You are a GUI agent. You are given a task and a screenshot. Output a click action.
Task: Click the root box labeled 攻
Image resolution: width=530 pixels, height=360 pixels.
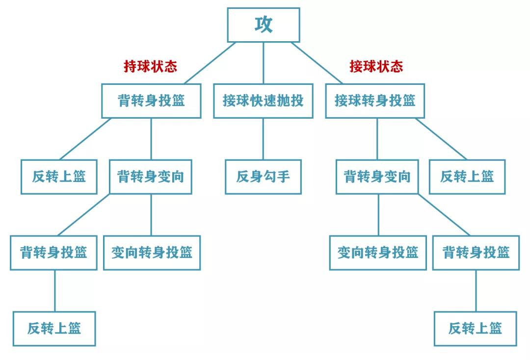tap(263, 25)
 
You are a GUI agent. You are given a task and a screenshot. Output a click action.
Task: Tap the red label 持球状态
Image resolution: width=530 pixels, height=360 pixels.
tap(150, 66)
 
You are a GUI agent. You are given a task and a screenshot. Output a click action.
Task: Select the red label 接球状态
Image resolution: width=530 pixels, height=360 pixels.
tap(376, 66)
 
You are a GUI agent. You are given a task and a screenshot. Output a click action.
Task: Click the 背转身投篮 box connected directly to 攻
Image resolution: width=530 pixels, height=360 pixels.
tap(151, 101)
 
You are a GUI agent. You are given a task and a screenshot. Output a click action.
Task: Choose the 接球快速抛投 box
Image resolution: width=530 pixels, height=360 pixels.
tap(263, 101)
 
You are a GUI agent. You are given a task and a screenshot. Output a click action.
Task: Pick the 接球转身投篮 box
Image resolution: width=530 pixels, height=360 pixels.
tap(375, 101)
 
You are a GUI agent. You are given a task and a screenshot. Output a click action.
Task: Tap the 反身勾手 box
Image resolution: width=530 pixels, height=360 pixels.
tap(263, 177)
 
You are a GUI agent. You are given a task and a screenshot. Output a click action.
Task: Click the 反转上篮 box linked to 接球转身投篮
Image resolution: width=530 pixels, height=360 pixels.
tap(467, 177)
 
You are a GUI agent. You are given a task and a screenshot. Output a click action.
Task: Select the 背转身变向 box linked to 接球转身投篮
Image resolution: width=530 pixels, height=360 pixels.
tap(377, 177)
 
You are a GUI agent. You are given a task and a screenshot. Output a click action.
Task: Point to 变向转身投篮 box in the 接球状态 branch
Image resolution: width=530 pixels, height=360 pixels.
tap(377, 253)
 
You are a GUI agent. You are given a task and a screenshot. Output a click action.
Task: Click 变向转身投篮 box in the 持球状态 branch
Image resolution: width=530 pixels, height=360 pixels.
tap(152, 253)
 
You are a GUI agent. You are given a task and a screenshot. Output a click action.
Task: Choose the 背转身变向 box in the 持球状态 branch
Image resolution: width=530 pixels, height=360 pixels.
tap(150, 177)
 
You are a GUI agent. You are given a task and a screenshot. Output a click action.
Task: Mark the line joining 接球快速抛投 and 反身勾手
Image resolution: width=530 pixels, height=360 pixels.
tap(263, 139)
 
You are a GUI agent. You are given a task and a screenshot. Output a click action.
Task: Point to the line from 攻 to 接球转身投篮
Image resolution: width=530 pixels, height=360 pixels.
tap(317, 63)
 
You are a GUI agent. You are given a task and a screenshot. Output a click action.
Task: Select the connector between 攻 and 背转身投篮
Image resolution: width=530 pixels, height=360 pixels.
tap(210, 63)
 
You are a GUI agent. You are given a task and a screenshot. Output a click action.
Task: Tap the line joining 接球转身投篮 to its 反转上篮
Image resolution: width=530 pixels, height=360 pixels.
tap(441, 139)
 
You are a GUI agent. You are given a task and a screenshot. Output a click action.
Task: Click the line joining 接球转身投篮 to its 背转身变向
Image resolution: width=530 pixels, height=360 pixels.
tap(377, 139)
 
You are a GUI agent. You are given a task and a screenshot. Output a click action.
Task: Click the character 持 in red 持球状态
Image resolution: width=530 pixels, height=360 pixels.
tap(130, 66)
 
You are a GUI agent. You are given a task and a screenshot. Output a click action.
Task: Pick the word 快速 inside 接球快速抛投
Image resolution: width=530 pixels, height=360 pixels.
tap(263, 101)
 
